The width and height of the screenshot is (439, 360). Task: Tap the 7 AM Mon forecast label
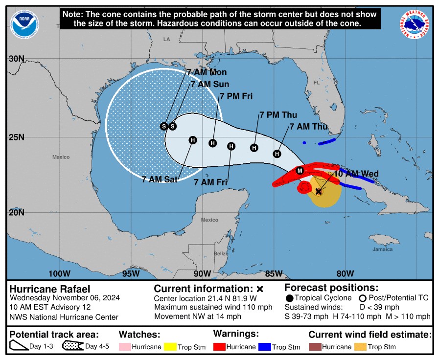(x=203, y=72)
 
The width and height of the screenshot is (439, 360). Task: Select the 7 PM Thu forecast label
(x=278, y=115)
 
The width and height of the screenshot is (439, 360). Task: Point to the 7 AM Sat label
(x=160, y=180)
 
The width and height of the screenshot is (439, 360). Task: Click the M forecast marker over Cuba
(x=300, y=170)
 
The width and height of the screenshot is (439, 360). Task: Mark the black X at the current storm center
(x=319, y=192)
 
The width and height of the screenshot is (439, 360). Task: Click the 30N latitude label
(x=17, y=59)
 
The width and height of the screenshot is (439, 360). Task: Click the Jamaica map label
(x=382, y=249)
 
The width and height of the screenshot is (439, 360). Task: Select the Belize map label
(x=221, y=253)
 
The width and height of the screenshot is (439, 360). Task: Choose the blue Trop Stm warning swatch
(x=265, y=347)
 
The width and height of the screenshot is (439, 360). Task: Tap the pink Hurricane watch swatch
(x=125, y=347)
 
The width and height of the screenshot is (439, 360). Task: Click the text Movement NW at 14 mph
(x=198, y=316)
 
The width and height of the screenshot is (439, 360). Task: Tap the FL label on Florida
(x=316, y=83)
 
